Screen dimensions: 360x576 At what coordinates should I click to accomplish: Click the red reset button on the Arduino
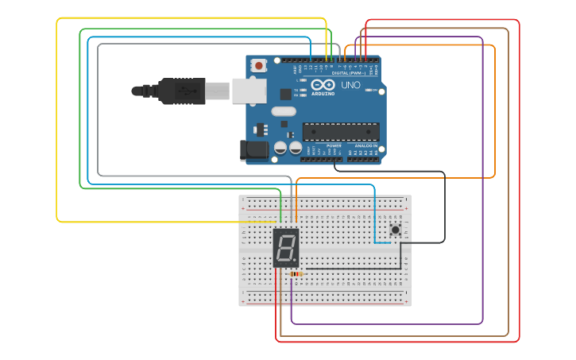259,67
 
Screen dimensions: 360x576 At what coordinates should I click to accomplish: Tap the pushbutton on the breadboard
395,230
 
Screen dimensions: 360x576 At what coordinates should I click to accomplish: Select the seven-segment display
286,248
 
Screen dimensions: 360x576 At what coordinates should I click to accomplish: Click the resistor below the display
296,274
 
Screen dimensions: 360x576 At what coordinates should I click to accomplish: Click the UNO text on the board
350,85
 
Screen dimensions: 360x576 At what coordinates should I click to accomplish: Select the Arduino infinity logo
323,85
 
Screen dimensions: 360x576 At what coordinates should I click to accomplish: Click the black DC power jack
253,149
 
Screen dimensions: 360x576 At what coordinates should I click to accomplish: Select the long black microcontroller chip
340,132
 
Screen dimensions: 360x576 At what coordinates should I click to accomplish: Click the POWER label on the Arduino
334,146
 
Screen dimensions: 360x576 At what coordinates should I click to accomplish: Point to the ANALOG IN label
365,146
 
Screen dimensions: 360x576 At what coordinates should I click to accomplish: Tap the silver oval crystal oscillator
283,111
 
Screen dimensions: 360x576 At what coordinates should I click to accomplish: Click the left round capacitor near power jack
280,148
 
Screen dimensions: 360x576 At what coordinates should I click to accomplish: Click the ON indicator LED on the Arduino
369,91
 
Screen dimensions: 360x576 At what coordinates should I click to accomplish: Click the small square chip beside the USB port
285,93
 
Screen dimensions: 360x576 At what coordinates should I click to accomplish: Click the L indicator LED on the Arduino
303,80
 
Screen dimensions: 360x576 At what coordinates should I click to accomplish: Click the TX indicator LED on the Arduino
303,91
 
